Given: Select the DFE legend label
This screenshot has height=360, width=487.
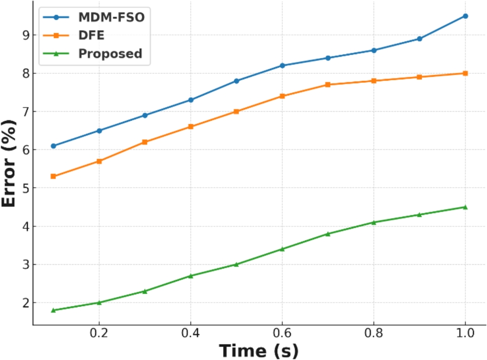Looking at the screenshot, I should (x=91, y=35).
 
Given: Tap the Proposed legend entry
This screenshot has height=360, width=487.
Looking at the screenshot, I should (x=110, y=54).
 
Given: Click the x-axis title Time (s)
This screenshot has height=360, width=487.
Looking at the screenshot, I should (x=258, y=349).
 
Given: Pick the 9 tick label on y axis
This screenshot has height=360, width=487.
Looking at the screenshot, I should (x=21, y=35).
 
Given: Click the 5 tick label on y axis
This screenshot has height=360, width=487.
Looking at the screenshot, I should (x=21, y=188).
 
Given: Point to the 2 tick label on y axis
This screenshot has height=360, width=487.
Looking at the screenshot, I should (x=21, y=303).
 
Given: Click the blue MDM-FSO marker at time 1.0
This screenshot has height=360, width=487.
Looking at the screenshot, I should (x=465, y=16).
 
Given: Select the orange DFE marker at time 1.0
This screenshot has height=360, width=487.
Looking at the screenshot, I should (x=465, y=73).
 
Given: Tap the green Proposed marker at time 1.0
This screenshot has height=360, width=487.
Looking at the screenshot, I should (x=465, y=207).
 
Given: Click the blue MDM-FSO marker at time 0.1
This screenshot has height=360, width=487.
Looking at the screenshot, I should (x=53, y=146).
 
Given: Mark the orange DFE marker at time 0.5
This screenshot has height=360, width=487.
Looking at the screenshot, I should (x=237, y=112).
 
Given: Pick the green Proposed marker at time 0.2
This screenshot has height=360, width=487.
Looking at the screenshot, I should (x=99, y=302).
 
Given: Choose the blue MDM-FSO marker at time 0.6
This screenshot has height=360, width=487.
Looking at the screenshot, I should (x=282, y=66).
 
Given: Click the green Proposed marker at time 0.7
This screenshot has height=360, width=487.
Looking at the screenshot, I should (x=328, y=234).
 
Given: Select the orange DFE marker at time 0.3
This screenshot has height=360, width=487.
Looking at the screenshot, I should (x=145, y=142).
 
